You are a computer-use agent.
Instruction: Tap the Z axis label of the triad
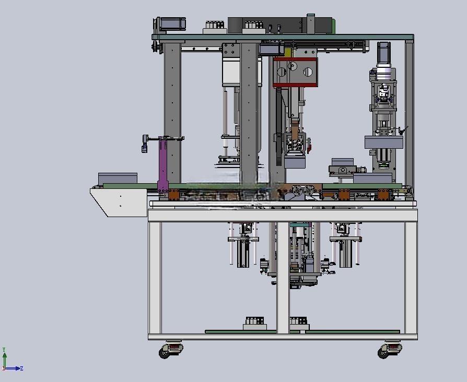pos(21,368)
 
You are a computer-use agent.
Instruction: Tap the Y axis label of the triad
pos(4,350)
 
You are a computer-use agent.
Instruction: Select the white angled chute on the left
pos(119,202)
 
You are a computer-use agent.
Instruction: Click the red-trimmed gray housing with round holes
pos(295,73)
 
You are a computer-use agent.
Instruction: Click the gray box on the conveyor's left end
pos(118,178)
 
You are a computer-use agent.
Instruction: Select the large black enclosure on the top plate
pos(280,25)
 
